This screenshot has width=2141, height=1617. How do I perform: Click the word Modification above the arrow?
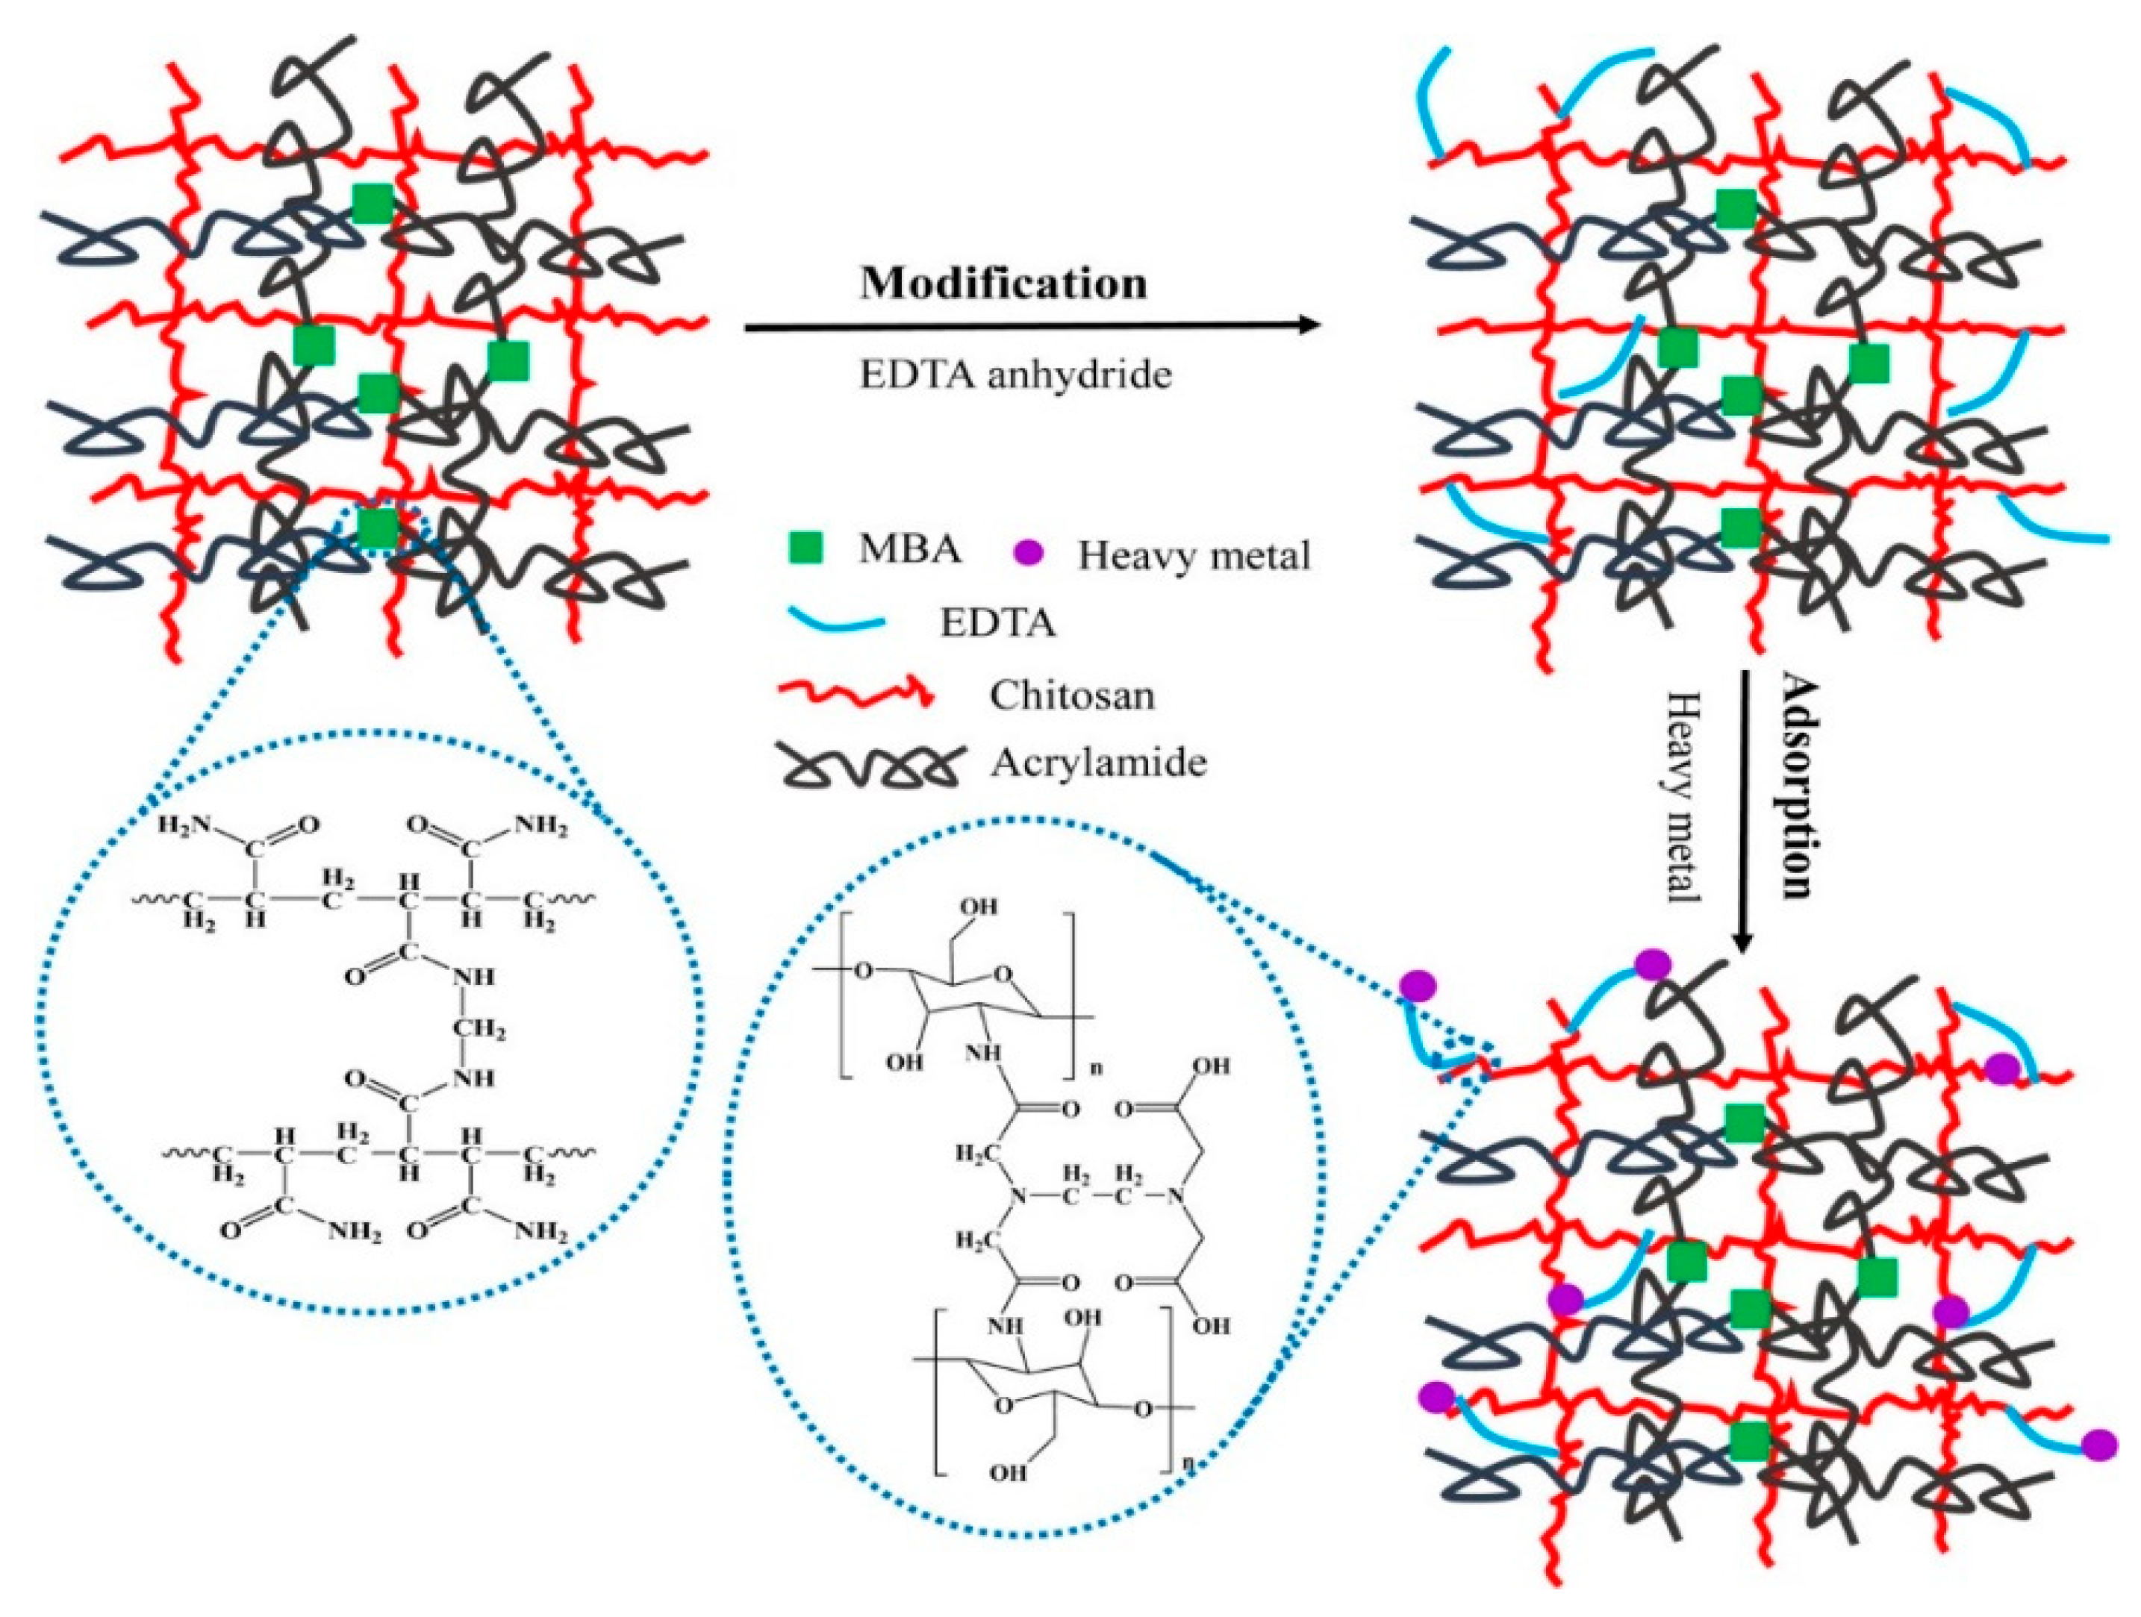(x=1004, y=284)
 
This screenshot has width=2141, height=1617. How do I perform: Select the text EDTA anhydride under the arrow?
(x=1015, y=374)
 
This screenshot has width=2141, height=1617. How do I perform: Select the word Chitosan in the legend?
(x=1071, y=695)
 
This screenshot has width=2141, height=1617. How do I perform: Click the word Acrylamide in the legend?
(x=1099, y=763)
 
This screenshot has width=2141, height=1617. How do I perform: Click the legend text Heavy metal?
(x=1194, y=555)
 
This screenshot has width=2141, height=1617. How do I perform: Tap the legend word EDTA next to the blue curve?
(x=997, y=623)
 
